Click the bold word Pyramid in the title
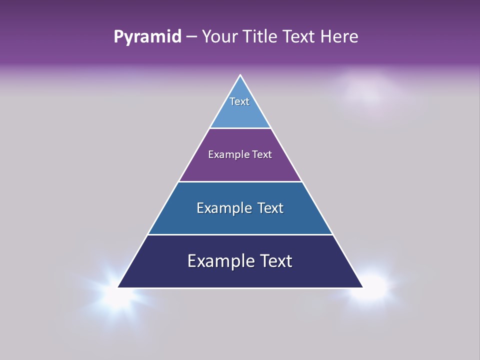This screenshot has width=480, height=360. (x=147, y=37)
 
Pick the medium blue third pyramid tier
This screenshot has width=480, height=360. (x=240, y=222)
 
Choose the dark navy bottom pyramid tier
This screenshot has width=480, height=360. (x=240, y=276)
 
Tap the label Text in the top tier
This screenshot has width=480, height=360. (x=239, y=101)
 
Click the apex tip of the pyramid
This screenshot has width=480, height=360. (x=240, y=76)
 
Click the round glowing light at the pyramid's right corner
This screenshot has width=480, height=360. (x=372, y=286)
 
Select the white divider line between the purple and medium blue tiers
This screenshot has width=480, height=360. (x=240, y=181)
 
